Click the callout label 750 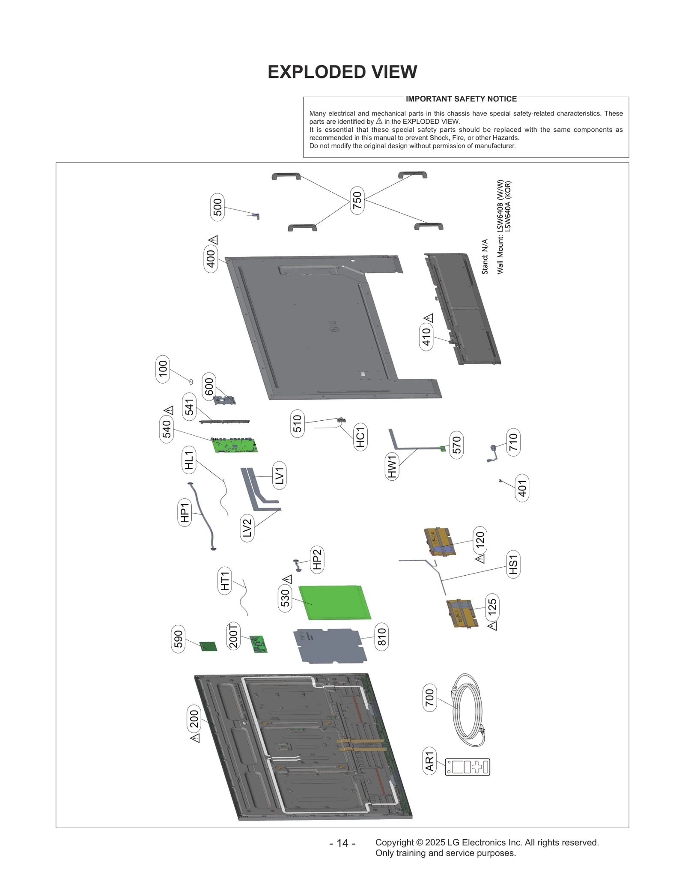(357, 200)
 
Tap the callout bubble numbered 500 (217, 207)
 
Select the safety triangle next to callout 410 (429, 318)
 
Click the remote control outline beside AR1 (467, 767)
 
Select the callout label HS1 (513, 564)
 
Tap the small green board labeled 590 (209, 646)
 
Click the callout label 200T (233, 636)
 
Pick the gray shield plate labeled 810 (330, 645)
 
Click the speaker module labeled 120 (439, 542)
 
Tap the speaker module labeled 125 (462, 613)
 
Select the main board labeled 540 (235, 445)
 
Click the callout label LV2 (247, 528)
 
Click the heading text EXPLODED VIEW (342, 72)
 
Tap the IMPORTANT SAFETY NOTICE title (461, 99)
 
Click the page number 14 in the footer (342, 843)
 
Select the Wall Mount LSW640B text (500, 227)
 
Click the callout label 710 (513, 442)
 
